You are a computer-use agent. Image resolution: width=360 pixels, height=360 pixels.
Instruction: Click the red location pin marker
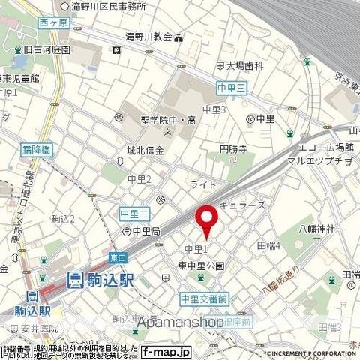click(x=206, y=218)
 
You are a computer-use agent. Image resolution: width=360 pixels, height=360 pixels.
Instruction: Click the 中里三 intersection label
click(x=232, y=87)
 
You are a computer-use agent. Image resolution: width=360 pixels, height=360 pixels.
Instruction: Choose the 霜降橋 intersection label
click(x=36, y=150)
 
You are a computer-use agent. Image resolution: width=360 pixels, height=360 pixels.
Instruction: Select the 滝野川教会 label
click(x=148, y=35)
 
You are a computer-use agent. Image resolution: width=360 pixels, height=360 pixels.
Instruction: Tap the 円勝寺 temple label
click(x=232, y=150)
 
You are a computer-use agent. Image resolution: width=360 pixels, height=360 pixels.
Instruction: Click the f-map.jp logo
click(x=166, y=350)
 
